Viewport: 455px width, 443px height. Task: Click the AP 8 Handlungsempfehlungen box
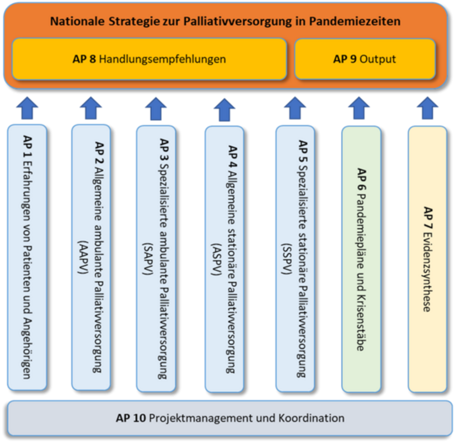tap(149, 59)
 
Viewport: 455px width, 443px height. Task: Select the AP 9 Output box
tap(365, 59)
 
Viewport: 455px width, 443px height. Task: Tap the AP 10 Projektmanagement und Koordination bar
tap(230, 418)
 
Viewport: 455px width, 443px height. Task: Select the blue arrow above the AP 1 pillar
tap(27, 107)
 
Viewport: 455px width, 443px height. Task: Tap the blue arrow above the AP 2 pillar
tap(91, 107)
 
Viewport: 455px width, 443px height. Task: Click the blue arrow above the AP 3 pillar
tap(156, 107)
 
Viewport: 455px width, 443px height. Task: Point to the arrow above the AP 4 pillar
tap(224, 107)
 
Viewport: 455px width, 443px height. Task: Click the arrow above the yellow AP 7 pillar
tap(427, 107)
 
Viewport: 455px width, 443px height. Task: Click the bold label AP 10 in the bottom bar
tap(131, 418)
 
